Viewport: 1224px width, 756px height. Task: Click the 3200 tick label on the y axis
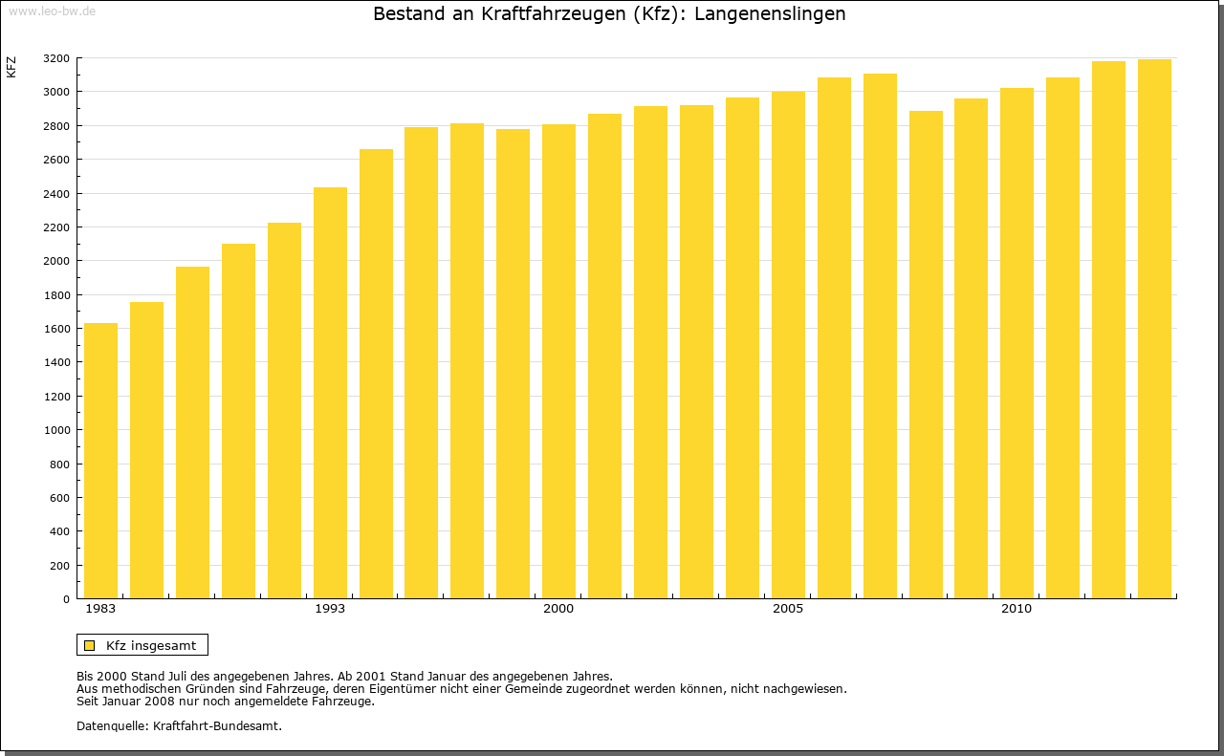click(x=56, y=58)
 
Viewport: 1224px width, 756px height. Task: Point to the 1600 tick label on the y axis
click(x=56, y=329)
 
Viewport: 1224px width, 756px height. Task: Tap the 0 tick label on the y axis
click(x=65, y=599)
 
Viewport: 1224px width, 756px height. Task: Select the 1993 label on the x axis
click(x=330, y=609)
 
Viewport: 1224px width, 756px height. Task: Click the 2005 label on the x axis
click(x=788, y=609)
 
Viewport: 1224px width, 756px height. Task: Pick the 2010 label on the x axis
click(x=1016, y=609)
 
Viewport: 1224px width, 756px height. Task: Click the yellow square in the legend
click(x=89, y=645)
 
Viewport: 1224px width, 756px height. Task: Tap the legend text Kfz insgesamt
click(x=151, y=645)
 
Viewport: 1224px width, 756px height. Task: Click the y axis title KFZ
click(x=11, y=67)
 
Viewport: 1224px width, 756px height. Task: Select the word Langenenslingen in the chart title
click(x=770, y=14)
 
